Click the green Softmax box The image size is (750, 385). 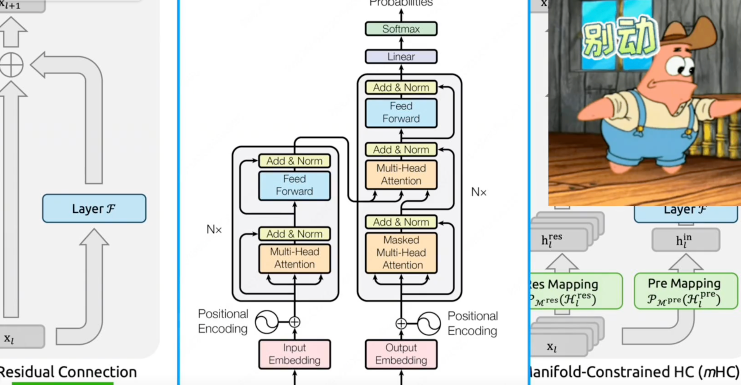click(401, 29)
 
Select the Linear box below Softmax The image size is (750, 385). click(401, 57)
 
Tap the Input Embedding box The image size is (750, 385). click(294, 354)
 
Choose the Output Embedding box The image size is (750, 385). click(401, 354)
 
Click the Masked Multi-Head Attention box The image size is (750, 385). click(401, 253)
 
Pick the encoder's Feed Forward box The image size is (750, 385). click(294, 185)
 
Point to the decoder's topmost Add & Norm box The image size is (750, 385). click(401, 88)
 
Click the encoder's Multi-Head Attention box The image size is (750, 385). click(294, 258)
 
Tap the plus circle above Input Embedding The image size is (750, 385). click(294, 322)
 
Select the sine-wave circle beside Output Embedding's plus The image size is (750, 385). click(429, 323)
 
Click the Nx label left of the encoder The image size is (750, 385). click(214, 229)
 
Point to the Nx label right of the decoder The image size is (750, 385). click(479, 192)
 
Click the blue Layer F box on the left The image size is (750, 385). click(94, 209)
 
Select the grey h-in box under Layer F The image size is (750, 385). click(686, 240)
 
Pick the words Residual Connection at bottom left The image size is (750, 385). click(68, 372)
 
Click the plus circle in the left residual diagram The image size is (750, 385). click(11, 65)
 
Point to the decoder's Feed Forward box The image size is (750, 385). click(401, 113)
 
